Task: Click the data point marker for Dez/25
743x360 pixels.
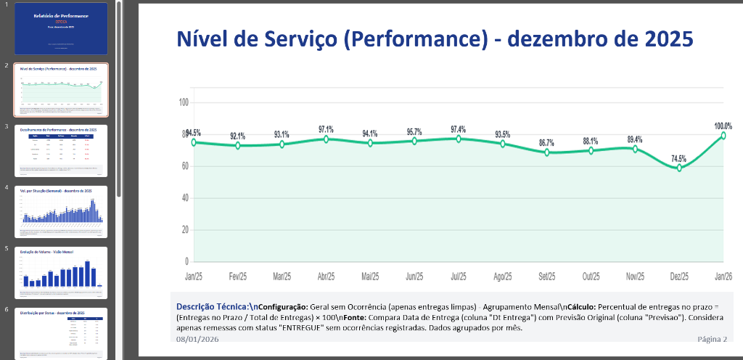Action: pyautogui.click(x=679, y=168)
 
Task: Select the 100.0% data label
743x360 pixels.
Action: pyautogui.click(x=723, y=126)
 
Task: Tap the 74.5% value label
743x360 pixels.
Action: pyautogui.click(x=679, y=158)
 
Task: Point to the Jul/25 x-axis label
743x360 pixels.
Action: pyautogui.click(x=459, y=277)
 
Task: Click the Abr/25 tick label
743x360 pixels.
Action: pyautogui.click(x=326, y=277)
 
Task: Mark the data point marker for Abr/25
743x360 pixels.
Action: pyautogui.click(x=326, y=139)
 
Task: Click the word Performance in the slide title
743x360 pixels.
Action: pyautogui.click(x=413, y=38)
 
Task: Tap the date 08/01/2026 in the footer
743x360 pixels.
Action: pyautogui.click(x=198, y=339)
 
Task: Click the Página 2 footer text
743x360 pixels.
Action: pyautogui.click(x=712, y=339)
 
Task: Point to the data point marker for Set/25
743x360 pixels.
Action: pyautogui.click(x=547, y=152)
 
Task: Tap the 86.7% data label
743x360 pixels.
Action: pyautogui.click(x=547, y=143)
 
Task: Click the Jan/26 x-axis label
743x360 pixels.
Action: pyautogui.click(x=723, y=277)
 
